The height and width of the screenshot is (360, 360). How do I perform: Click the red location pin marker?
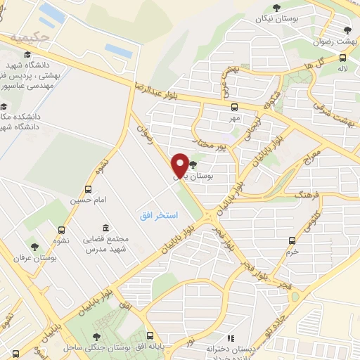coord(180,165)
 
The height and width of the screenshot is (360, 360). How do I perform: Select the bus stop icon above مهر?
coord(234,108)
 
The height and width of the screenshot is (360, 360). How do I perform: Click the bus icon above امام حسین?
coord(88,189)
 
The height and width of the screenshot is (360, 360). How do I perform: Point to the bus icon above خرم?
coord(292,240)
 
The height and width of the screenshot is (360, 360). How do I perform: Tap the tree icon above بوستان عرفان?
coord(34,247)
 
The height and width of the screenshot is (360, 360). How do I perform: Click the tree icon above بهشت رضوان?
coord(347,30)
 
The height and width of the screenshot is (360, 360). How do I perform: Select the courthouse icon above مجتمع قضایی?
coord(105,228)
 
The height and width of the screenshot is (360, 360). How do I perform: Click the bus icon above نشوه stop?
coord(63,229)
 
